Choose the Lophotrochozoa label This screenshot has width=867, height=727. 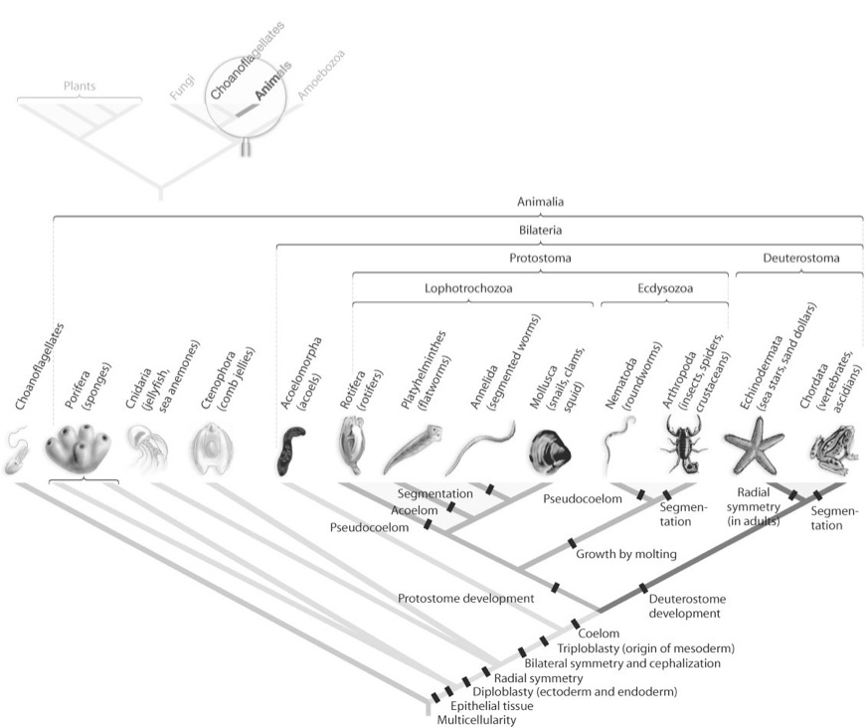coord(473,289)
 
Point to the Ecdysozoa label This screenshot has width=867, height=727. coord(665,289)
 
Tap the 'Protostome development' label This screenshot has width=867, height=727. coord(466,599)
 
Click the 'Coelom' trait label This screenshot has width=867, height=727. coord(600,634)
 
